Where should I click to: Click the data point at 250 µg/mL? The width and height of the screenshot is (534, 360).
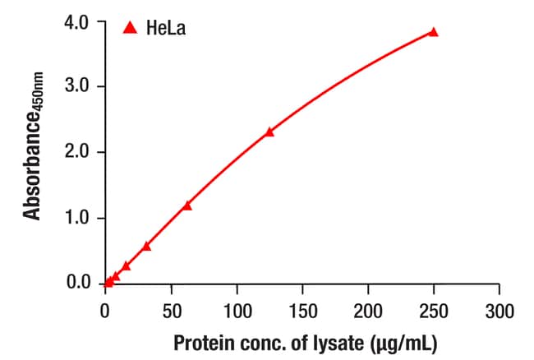pyautogui.click(x=433, y=32)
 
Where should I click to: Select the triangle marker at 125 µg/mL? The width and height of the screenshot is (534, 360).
pyautogui.click(x=269, y=132)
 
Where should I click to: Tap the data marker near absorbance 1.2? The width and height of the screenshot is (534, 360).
pyautogui.click(x=187, y=206)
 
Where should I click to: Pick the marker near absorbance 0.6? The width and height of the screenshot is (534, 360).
pyautogui.click(x=146, y=247)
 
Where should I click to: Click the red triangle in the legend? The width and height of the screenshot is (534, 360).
pyautogui.click(x=130, y=28)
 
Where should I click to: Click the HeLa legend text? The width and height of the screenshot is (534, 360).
pyautogui.click(x=166, y=28)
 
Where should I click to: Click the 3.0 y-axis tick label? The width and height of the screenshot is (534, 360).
pyautogui.click(x=76, y=85)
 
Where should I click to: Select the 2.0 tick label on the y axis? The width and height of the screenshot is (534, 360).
pyautogui.click(x=76, y=151)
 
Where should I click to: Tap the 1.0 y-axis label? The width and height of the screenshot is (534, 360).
pyautogui.click(x=76, y=218)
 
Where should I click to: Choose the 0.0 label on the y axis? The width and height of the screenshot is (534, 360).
pyautogui.click(x=79, y=283)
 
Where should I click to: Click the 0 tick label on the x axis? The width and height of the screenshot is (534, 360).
pyautogui.click(x=105, y=311)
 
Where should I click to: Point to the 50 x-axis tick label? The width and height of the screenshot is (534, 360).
pyautogui.click(x=172, y=311)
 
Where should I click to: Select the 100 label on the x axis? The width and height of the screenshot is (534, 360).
pyautogui.click(x=237, y=311)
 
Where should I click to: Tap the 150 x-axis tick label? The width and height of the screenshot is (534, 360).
pyautogui.click(x=303, y=311)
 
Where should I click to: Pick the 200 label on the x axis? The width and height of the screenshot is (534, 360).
pyautogui.click(x=368, y=311)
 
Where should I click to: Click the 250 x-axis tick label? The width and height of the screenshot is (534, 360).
pyautogui.click(x=434, y=311)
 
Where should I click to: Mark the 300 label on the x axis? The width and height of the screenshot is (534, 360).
pyautogui.click(x=499, y=311)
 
